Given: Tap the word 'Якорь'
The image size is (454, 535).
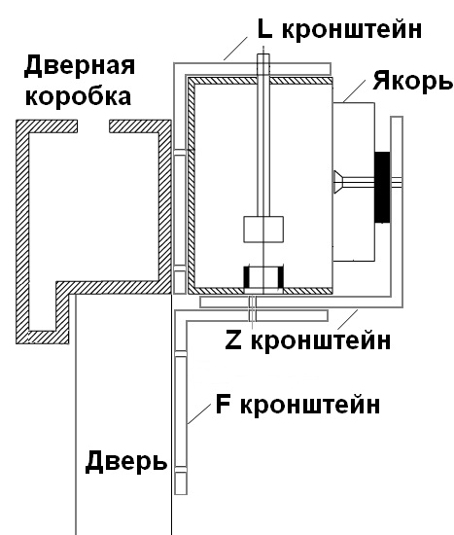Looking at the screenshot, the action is [x=412, y=81].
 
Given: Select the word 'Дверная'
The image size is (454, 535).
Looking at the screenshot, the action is [x=80, y=67].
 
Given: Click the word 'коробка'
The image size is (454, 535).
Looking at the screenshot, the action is [x=78, y=96].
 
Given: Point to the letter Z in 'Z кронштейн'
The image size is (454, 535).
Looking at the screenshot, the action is [x=233, y=340].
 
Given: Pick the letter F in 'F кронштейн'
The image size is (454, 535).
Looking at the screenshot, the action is [x=223, y=404].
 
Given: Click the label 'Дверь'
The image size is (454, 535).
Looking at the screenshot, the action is [x=125, y=461].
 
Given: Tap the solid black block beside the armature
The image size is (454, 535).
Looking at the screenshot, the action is [x=382, y=187].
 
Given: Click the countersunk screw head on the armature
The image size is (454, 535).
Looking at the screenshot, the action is [x=338, y=183].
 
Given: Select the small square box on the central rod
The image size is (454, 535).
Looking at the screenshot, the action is [x=263, y=230].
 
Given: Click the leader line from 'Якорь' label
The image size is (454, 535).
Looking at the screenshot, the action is [x=354, y=90].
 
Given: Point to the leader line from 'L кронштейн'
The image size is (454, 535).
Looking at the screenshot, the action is [x=235, y=49].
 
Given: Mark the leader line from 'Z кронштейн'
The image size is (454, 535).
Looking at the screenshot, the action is [x=348, y=319].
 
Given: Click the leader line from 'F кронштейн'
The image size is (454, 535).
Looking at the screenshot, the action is [x=199, y=413].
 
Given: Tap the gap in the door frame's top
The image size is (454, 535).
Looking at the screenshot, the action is [x=93, y=126].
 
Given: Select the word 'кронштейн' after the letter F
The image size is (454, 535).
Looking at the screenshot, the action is [x=310, y=405].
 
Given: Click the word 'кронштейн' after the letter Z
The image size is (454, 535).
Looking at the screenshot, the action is [x=321, y=340].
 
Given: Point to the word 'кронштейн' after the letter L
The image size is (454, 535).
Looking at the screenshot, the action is [x=352, y=29].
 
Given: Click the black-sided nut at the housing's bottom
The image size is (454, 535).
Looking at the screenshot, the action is [x=263, y=277].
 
